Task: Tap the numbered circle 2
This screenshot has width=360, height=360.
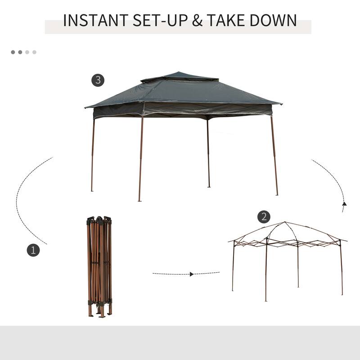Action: pyautogui.click(x=264, y=217)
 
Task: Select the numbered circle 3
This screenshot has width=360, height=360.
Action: pyautogui.click(x=98, y=81)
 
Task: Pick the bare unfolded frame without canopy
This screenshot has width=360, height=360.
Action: pyautogui.click(x=288, y=256)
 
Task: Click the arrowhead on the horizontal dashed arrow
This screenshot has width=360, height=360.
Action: pyautogui.click(x=192, y=274)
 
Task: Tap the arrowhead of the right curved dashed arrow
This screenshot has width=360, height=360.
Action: pyautogui.click(x=344, y=204)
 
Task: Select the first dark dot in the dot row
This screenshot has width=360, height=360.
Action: pyautogui.click(x=13, y=52)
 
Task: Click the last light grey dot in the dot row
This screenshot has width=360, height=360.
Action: pyautogui.click(x=34, y=52)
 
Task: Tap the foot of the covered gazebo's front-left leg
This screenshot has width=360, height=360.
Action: pyautogui.click(x=139, y=200)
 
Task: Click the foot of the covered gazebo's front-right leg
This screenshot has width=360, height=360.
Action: pyautogui.click(x=277, y=194)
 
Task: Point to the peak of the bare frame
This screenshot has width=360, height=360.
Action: pyautogui.click(x=284, y=222)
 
